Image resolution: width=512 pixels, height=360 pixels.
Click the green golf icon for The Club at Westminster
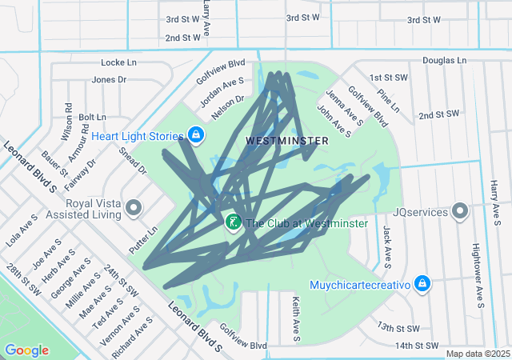[234, 222]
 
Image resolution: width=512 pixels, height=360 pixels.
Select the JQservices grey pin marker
[460, 211]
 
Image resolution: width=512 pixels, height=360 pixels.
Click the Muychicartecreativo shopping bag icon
[422, 283]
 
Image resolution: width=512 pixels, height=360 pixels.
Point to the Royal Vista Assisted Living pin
[134, 208]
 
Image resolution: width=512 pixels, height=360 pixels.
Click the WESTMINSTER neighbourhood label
[286, 140]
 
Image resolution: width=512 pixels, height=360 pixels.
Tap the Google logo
[26, 350]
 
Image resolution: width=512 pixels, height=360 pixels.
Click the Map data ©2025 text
[478, 354]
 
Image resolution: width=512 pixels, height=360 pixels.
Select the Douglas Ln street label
[444, 60]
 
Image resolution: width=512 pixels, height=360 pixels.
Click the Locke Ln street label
[119, 62]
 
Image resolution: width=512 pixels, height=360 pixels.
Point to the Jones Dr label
[110, 79]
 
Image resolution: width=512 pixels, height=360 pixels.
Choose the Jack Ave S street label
[387, 246]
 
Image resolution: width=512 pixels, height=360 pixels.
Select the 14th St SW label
[418, 346]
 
